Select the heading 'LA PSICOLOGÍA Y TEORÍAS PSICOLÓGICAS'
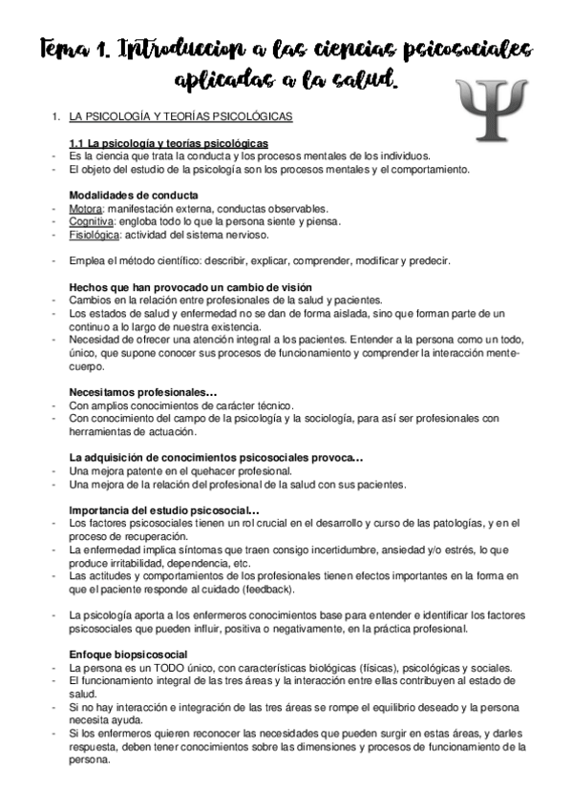pos(181,117)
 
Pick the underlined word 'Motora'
pos(88,209)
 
